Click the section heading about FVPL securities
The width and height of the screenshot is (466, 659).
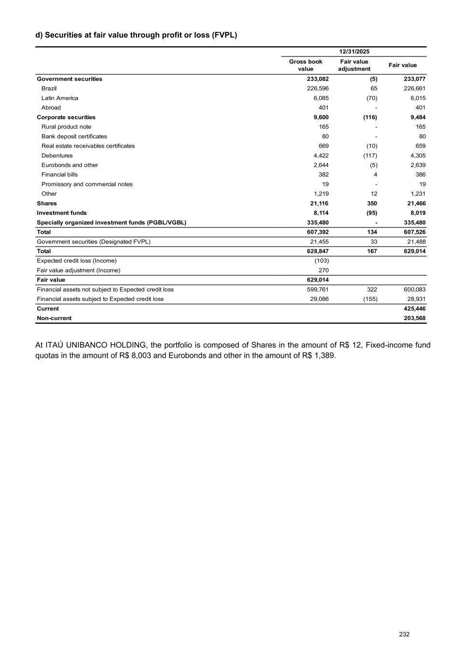(136, 35)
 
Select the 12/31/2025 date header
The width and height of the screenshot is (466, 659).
(354, 52)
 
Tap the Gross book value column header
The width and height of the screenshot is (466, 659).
(306, 65)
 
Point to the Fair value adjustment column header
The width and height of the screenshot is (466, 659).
(354, 65)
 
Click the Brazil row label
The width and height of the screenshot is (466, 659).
(49, 88)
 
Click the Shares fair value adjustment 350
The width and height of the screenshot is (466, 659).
(372, 203)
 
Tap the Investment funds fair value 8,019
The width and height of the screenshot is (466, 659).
(416, 213)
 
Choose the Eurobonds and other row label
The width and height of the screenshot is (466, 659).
(70, 165)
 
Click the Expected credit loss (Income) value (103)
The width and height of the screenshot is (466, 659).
(322, 261)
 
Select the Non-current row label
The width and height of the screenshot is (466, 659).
(54, 318)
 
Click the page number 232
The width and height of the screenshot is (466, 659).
(404, 634)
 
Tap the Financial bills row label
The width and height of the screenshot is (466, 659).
(59, 175)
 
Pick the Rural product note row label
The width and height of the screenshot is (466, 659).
(66, 127)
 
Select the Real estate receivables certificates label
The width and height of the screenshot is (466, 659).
(88, 146)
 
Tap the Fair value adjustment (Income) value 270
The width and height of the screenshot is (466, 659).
(324, 270)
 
